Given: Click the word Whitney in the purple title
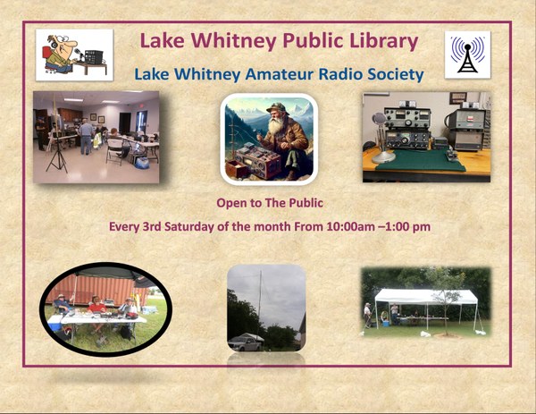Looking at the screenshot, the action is click(233, 41).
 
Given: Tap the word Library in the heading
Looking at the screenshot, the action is click(384, 41).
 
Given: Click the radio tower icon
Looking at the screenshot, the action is click(467, 55).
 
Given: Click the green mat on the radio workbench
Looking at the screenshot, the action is click(420, 160).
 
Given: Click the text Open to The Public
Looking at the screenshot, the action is click(270, 203).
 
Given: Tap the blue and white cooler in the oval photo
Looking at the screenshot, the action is click(55, 323).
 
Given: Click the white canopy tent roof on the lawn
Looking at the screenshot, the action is click(426, 296).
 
